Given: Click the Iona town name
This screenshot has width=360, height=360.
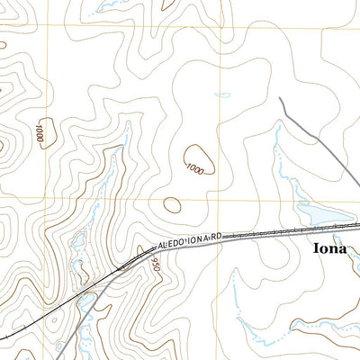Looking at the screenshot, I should point(329,248).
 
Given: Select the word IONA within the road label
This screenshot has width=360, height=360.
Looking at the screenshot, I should point(200,239).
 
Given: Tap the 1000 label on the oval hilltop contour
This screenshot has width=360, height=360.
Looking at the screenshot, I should point(195,167).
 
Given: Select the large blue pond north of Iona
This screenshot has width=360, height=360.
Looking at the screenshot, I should point(318,214).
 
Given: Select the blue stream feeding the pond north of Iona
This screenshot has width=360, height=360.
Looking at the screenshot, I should point(279,153).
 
